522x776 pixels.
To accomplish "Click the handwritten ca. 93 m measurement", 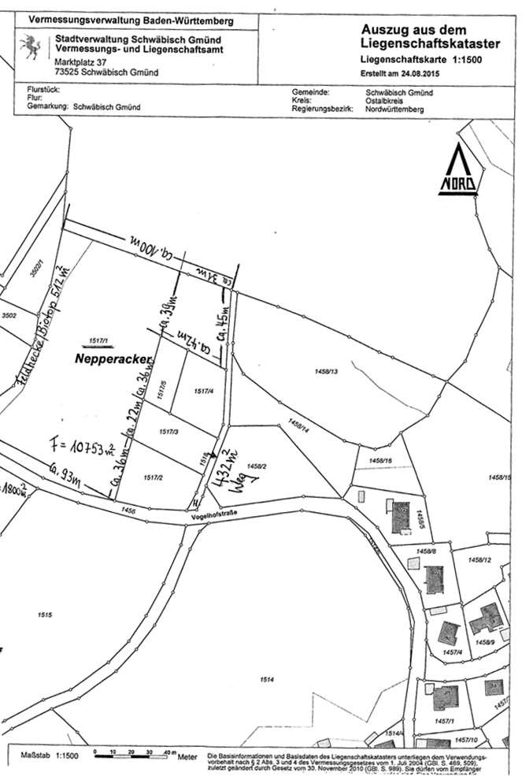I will pyautogui.click(x=64, y=472).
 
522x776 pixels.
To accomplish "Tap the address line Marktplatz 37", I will pyautogui.click(x=83, y=61).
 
